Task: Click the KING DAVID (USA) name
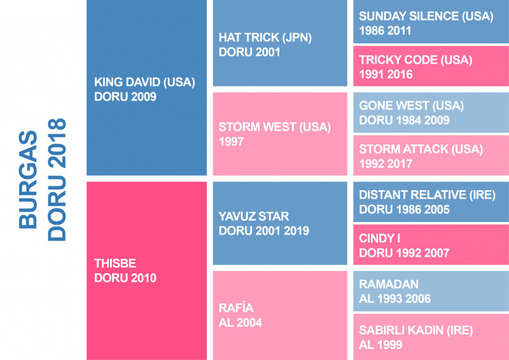click(x=144, y=82)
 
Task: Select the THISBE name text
click(x=115, y=263)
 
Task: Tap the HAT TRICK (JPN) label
click(x=265, y=38)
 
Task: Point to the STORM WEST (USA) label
click(x=275, y=127)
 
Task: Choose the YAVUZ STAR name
click(x=253, y=216)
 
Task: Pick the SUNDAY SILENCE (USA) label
click(x=426, y=17)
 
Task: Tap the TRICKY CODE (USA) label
click(x=415, y=60)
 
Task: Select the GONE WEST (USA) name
click(x=411, y=106)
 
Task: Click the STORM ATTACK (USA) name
click(x=421, y=149)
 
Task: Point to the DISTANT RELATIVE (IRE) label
click(x=427, y=195)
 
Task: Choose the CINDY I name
click(x=380, y=239)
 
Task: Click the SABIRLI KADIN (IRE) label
click(x=416, y=331)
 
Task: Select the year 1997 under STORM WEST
click(x=232, y=142)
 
